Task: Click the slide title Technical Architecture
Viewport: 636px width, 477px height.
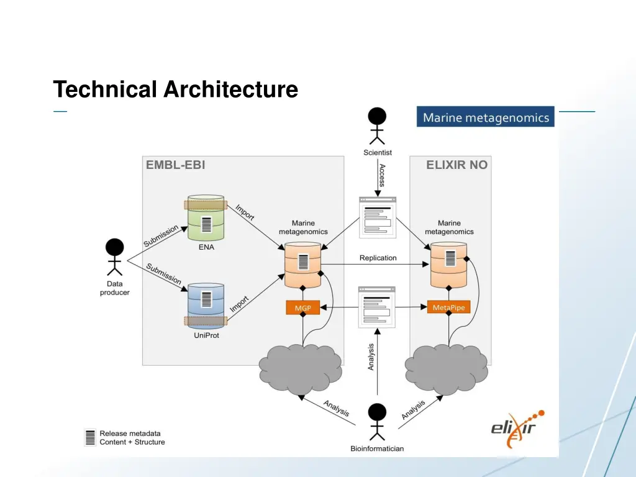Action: (175, 89)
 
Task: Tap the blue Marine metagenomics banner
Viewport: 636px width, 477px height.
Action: (486, 117)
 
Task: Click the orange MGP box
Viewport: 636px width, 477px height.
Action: (302, 307)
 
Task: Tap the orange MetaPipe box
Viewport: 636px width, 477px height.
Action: (449, 307)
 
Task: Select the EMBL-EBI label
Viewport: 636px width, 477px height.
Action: (175, 165)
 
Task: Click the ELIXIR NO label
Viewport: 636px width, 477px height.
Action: (457, 165)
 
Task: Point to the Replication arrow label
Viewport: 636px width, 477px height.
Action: (378, 258)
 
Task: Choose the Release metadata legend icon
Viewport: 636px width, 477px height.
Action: (91, 437)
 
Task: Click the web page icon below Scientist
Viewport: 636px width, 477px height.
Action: (378, 216)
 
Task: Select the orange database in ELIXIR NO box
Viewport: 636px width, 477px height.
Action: (449, 265)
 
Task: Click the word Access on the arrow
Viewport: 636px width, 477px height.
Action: (383, 175)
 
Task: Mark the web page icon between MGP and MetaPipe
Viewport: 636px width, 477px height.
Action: (378, 307)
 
